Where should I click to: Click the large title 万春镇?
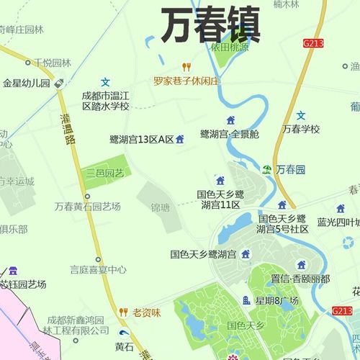210,27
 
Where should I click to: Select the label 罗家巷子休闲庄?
185,81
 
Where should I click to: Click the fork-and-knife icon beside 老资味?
123,312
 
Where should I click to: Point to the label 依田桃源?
230,47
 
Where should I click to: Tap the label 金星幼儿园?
26,83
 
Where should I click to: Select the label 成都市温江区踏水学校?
105,101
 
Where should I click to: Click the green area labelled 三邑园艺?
105,173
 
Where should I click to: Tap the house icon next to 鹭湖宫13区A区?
180,138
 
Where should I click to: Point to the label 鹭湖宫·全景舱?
230,134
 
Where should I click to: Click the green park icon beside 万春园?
267,169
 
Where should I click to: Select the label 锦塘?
160,207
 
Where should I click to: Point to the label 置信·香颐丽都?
300,278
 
